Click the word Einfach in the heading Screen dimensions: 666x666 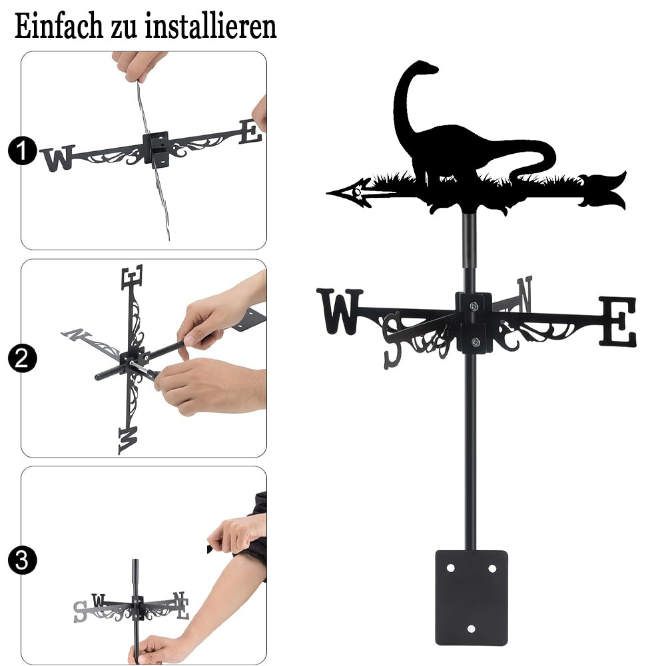[59, 26]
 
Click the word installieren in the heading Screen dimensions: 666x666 [210, 26]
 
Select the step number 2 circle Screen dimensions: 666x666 [22, 358]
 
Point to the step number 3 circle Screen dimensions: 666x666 [22, 560]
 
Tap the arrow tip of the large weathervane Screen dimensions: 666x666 [327, 193]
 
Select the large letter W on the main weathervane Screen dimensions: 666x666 [340, 311]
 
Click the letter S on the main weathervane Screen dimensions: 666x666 [392, 340]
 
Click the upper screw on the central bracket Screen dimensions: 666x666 [474, 306]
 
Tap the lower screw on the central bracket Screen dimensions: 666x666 [476, 342]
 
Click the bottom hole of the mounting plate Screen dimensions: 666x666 [471, 629]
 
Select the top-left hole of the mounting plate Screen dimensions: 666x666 [450, 568]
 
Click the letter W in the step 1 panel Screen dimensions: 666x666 [59, 158]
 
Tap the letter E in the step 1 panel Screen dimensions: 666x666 [250, 132]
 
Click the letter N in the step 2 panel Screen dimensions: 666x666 [76, 335]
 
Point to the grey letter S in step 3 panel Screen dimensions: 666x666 [81, 611]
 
